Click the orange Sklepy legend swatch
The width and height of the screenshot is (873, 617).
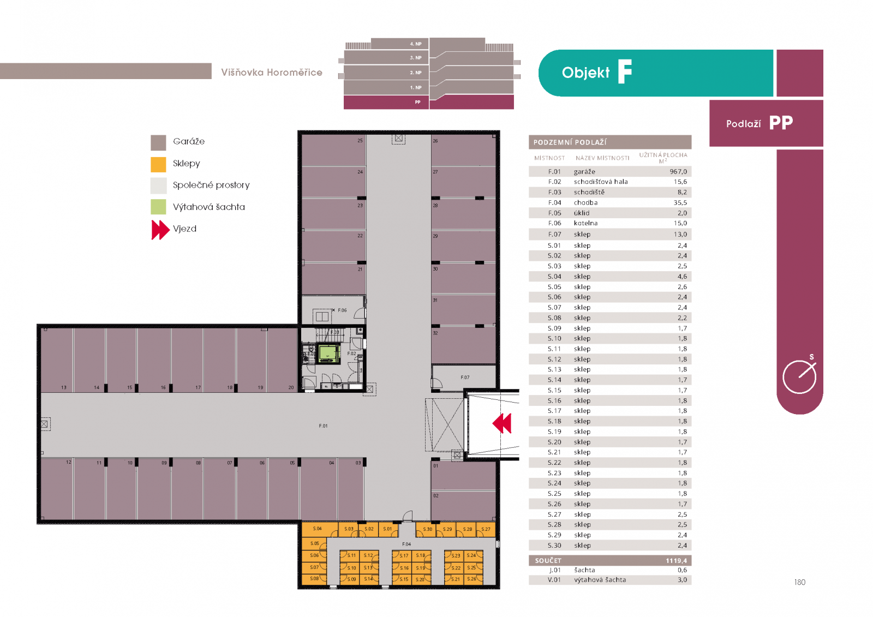click(158, 164)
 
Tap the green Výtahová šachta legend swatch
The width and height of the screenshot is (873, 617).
click(158, 207)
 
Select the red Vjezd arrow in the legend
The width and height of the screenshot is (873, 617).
click(160, 230)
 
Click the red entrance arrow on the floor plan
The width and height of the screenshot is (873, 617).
click(503, 423)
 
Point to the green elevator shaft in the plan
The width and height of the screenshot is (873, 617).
click(328, 354)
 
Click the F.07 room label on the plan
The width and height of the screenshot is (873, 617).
click(465, 378)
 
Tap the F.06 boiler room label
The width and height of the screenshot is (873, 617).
click(342, 310)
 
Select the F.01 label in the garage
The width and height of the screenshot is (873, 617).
click(324, 426)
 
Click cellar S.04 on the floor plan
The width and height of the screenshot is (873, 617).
click(318, 529)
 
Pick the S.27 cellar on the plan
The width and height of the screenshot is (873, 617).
click(486, 529)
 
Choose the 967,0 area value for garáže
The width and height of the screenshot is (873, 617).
click(678, 172)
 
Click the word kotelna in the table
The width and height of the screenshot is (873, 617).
click(585, 223)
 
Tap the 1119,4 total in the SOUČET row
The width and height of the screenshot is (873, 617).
click(676, 561)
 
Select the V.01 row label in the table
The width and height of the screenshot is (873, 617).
click(554, 580)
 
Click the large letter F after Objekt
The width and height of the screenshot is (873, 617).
click(625, 72)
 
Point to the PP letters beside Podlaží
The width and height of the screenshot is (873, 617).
click(781, 123)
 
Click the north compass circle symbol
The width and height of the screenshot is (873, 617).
click(799, 376)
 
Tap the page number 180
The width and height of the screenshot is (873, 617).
click(799, 583)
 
